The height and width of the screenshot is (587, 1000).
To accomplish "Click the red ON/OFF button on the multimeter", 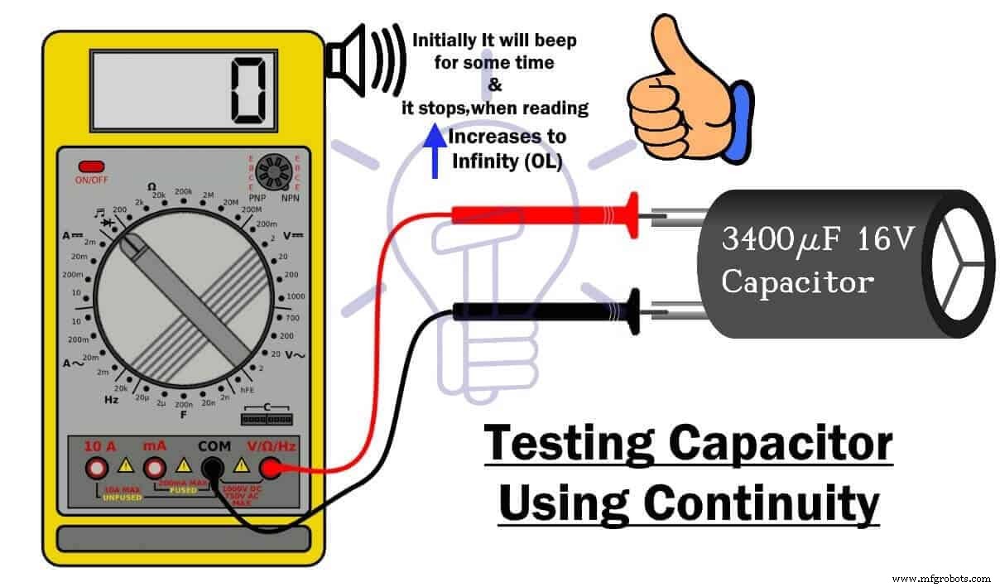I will click(90, 166).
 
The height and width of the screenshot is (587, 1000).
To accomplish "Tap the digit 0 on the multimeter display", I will click(248, 89).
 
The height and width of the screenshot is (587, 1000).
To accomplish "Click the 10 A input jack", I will click(97, 469).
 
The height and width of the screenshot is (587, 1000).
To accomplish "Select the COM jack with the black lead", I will click(213, 469).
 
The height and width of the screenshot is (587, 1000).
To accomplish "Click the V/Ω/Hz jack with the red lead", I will click(271, 469).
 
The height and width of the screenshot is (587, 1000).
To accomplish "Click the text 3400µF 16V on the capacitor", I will click(817, 240).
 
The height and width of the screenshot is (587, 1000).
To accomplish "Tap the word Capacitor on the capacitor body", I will click(796, 282).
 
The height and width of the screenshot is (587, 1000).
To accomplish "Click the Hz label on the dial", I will click(111, 399).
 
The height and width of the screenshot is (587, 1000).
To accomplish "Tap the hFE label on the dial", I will click(247, 390).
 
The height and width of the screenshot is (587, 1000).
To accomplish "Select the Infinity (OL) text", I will click(506, 161).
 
